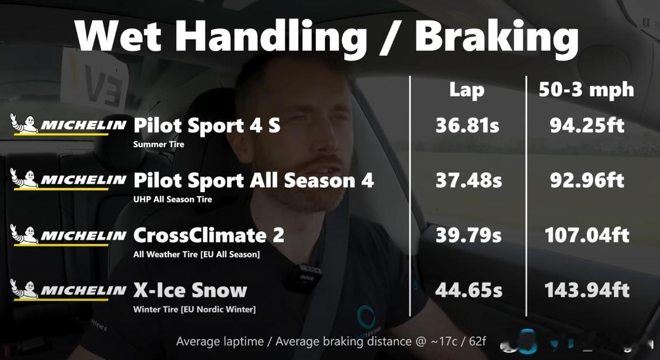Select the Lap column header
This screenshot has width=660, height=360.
click(467, 91)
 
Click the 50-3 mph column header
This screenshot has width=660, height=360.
click(586, 91)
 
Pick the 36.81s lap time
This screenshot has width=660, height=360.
click(467, 126)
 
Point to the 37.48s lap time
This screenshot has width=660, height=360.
click(469, 180)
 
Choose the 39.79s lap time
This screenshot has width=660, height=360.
click(469, 235)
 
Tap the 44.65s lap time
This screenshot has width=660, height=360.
click(469, 290)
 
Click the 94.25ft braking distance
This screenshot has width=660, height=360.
click(587, 126)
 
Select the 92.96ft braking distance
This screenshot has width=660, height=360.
click(587, 180)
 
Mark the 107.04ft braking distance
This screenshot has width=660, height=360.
click(587, 235)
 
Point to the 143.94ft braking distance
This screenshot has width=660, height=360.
click(587, 290)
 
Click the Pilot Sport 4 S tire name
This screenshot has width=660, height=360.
click(207, 126)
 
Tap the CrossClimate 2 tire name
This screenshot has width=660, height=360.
click(209, 235)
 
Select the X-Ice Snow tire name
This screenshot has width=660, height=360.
click(190, 290)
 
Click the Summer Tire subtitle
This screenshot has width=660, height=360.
click(159, 144)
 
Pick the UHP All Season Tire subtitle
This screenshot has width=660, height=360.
click(172, 199)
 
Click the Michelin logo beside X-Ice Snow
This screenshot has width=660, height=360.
click(68, 290)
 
